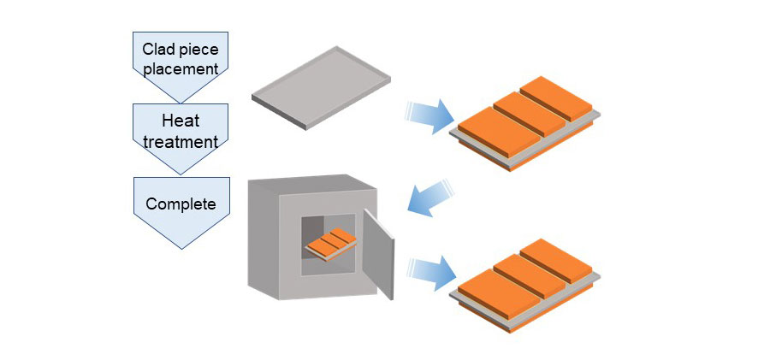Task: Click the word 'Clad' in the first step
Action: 161,49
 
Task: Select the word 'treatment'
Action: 181,141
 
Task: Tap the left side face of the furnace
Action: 261,239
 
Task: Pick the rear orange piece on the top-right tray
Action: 557,96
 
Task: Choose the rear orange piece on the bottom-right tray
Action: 557,257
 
